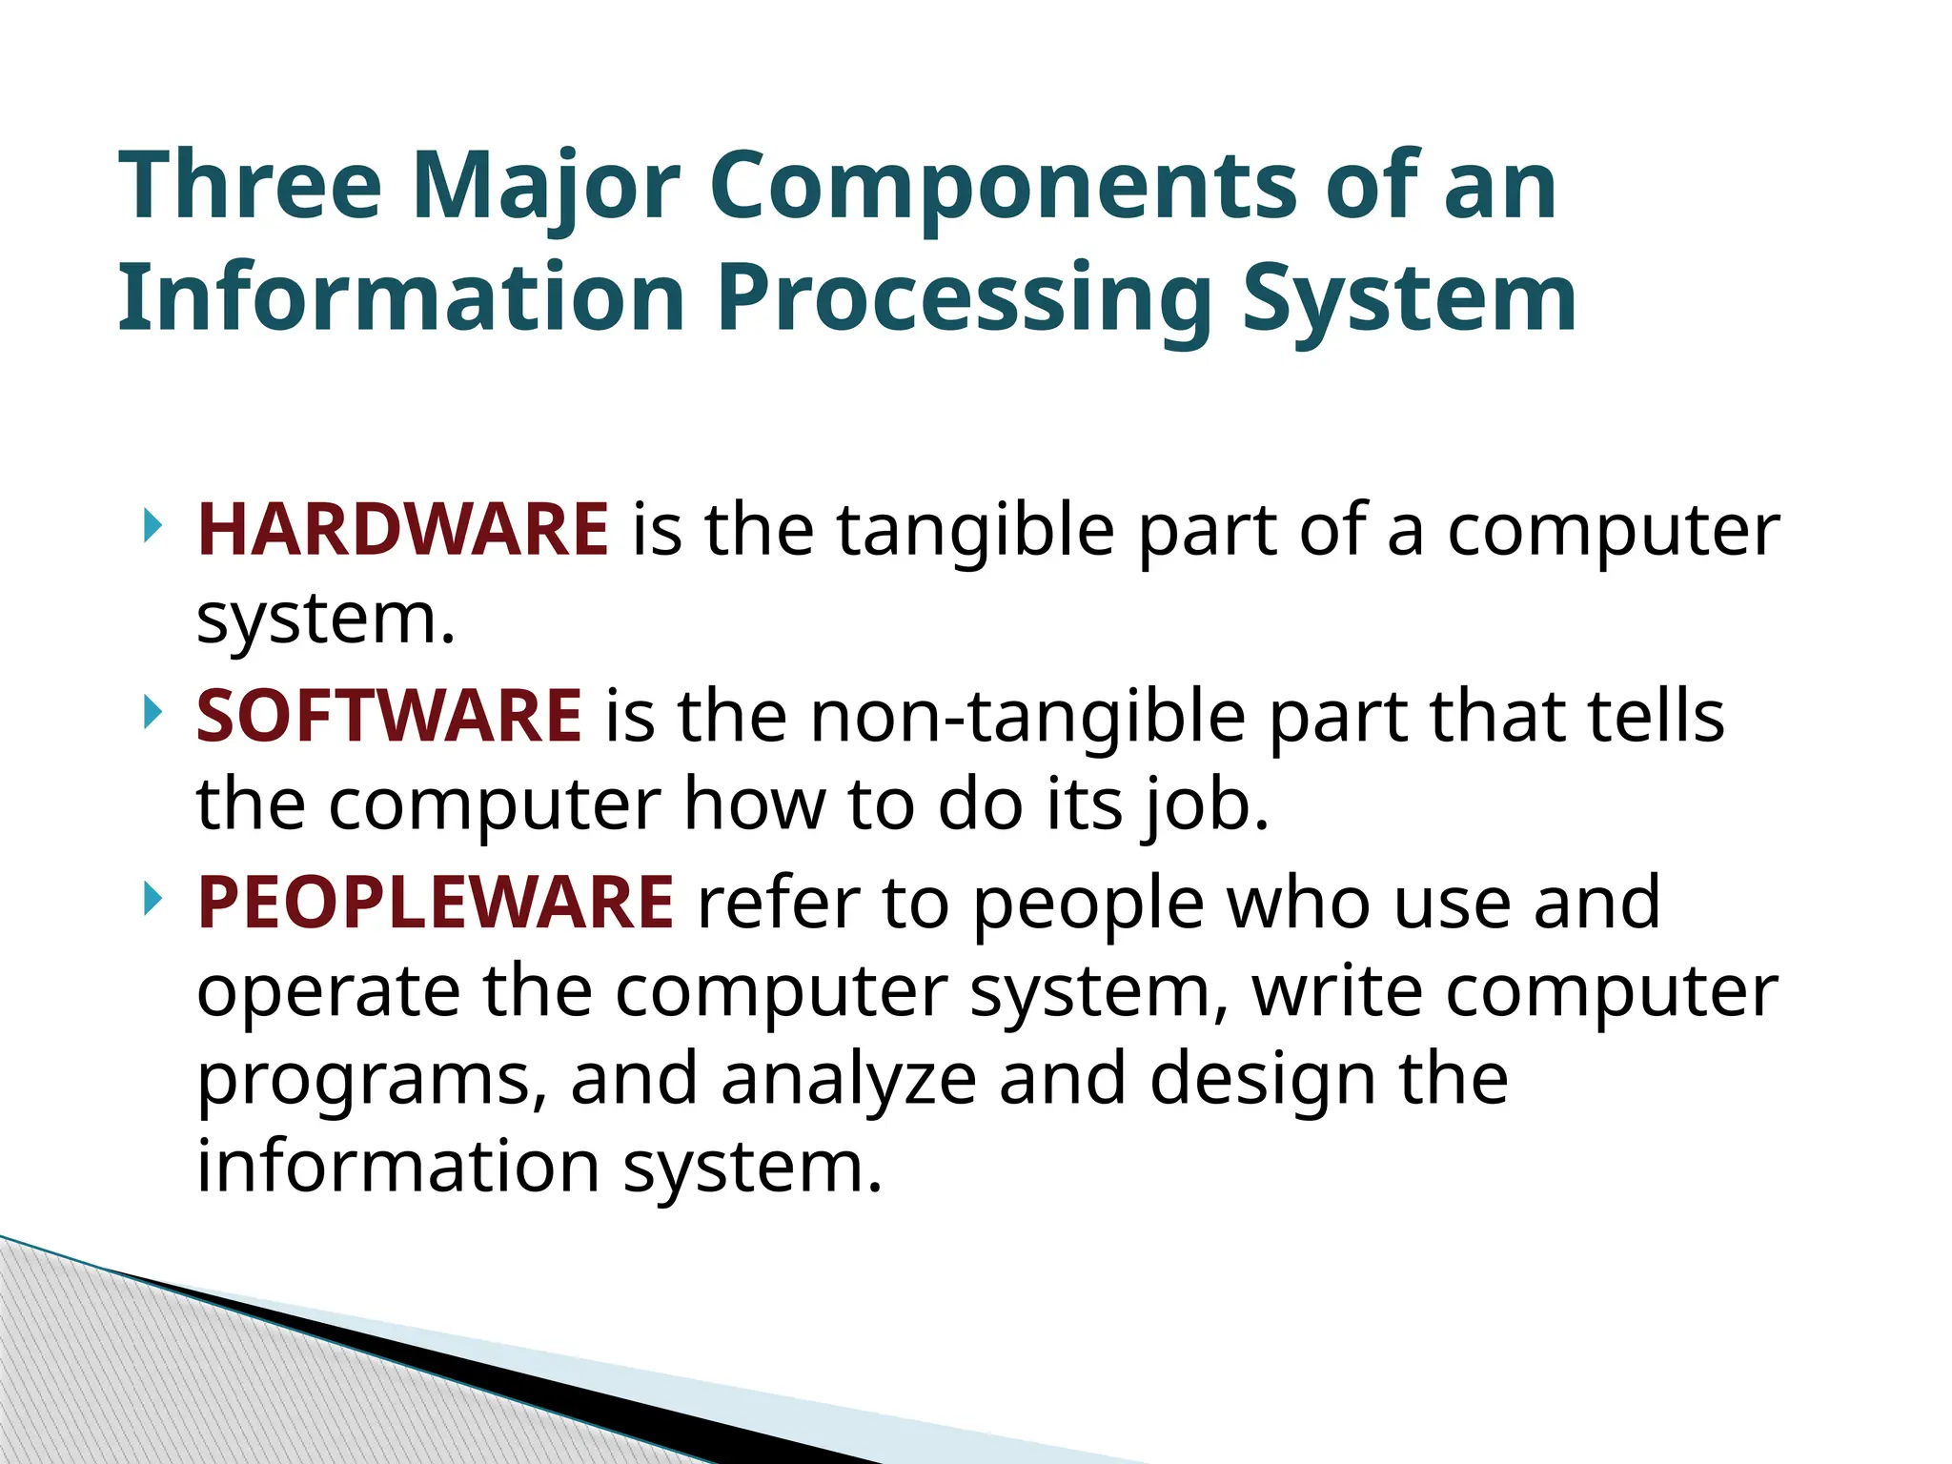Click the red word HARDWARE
pyautogui.click(x=402, y=530)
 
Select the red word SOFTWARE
pyautogui.click(x=389, y=717)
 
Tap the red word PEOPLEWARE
pyautogui.click(x=436, y=903)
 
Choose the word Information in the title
pyautogui.click(x=401, y=297)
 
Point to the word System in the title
pyautogui.click(x=1410, y=299)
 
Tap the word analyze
pyautogui.click(x=848, y=1081)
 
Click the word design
pyautogui.click(x=1262, y=1081)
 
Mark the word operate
pyautogui.click(x=328, y=991)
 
